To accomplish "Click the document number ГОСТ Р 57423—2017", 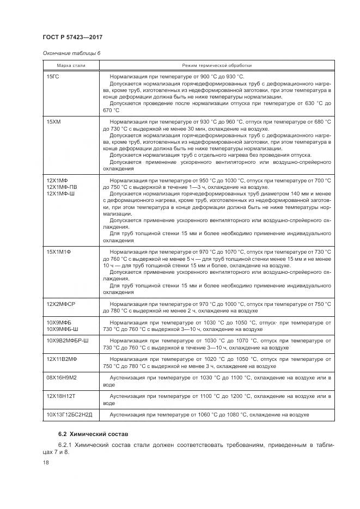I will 72,36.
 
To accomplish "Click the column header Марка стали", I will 71,65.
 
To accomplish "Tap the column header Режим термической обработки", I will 214,65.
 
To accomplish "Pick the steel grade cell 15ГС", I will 53,76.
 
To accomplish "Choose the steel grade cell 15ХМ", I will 53,121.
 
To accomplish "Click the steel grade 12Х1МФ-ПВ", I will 62,187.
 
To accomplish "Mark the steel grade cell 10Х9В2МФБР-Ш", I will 68,340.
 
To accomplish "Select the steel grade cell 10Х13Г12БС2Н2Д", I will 69,415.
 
